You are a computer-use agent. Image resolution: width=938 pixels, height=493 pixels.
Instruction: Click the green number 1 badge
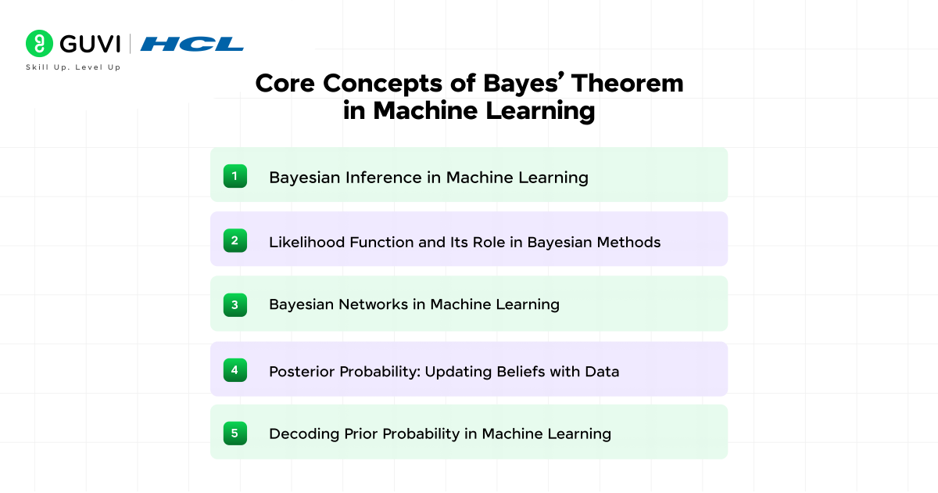point(234,176)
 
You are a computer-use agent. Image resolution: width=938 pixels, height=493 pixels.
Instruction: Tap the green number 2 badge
point(234,240)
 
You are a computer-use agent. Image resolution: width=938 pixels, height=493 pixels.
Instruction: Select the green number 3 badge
point(234,304)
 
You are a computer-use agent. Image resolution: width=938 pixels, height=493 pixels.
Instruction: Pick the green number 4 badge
point(234,369)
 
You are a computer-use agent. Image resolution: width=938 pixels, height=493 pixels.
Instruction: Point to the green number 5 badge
point(234,433)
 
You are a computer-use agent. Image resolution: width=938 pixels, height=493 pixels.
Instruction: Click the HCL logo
point(192,44)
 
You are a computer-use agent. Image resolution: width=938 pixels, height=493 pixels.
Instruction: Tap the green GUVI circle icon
point(39,44)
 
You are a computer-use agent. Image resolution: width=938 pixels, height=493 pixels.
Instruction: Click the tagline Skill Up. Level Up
point(73,68)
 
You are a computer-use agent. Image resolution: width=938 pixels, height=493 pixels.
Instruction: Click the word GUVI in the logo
point(89,44)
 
